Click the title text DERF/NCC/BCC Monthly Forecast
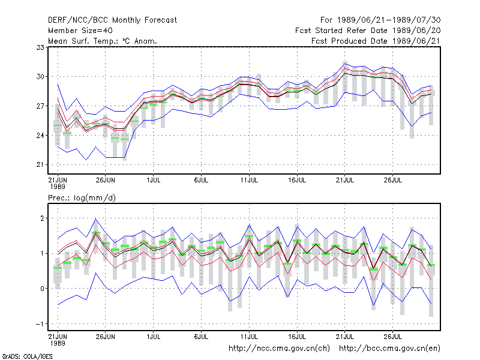point(112,20)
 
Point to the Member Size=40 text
point(80,31)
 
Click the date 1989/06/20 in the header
point(416,31)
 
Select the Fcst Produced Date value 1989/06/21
point(416,41)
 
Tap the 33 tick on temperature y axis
point(40,47)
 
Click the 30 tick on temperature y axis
point(40,77)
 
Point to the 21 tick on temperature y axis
point(40,164)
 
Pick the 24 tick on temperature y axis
point(40,136)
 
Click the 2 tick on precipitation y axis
point(42,218)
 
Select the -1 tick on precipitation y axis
point(40,324)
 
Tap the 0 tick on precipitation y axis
point(42,289)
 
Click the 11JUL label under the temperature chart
point(249,181)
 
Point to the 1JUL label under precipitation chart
point(154,337)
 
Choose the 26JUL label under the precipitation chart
point(393,337)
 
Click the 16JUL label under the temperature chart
point(297,181)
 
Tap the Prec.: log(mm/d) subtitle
point(82,198)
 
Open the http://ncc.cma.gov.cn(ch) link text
point(279,349)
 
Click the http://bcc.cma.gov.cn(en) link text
point(389,349)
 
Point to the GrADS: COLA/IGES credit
point(27,356)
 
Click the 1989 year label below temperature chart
point(58,187)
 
